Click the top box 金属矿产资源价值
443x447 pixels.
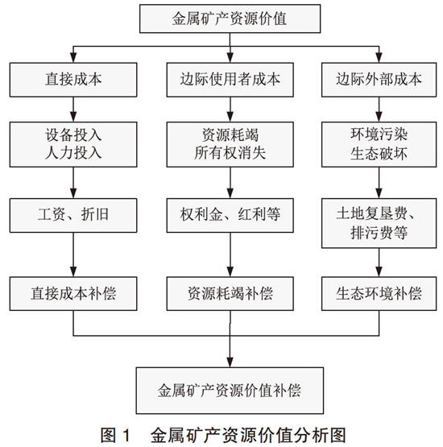[230, 19]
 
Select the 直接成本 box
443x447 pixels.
[73, 80]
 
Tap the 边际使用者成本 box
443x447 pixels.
[230, 80]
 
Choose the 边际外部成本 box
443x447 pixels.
[379, 80]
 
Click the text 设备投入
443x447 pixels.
[73, 135]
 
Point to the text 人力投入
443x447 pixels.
[73, 153]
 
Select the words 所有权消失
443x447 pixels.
[230, 153]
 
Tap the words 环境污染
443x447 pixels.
[379, 135]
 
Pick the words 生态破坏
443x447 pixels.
[379, 154]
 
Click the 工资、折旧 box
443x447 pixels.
[73, 216]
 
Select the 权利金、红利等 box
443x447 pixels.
[230, 216]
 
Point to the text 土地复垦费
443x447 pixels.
[372, 213]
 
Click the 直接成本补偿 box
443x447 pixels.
[73, 294]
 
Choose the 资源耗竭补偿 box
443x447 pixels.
[230, 294]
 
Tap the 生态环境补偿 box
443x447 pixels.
[379, 294]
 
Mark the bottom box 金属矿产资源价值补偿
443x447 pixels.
[230, 391]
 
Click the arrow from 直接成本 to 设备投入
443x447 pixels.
[73, 110]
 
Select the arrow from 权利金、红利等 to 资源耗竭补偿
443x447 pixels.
[230, 255]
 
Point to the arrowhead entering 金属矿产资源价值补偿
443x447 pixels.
[230, 362]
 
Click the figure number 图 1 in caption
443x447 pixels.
[115, 436]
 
